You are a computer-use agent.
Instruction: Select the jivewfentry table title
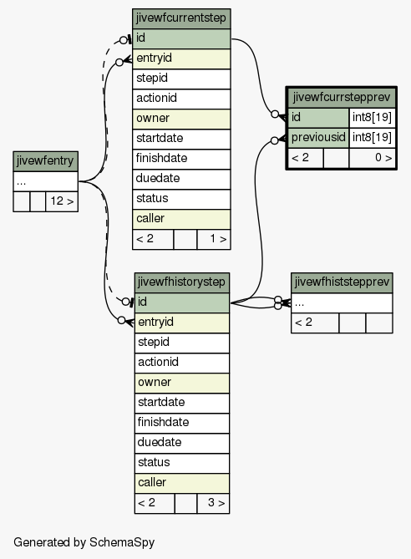[x=46, y=161]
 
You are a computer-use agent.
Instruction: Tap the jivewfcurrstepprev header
[x=342, y=97]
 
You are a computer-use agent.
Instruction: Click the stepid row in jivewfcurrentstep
[x=181, y=79]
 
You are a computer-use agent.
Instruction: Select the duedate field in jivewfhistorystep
[x=182, y=443]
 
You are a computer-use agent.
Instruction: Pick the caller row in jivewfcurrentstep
[x=181, y=219]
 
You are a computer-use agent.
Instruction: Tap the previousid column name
[x=318, y=138]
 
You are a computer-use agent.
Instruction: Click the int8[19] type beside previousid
[x=372, y=138]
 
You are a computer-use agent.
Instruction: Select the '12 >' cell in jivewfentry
[x=62, y=201]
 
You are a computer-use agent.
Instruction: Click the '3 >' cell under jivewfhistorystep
[x=213, y=503]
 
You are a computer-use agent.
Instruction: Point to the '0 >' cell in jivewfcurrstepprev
[x=372, y=158]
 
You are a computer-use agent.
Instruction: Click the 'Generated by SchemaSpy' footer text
[x=84, y=542]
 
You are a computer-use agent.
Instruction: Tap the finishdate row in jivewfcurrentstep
[x=181, y=159]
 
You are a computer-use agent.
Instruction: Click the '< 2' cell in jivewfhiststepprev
[x=315, y=323]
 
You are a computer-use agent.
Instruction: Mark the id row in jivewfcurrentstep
[x=181, y=39]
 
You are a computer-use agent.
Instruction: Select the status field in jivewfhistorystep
[x=182, y=463]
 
